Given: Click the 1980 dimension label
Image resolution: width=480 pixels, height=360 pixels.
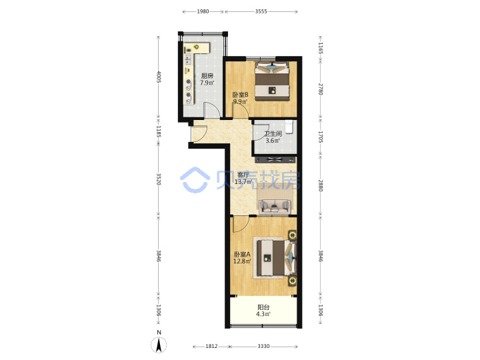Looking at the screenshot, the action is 203,11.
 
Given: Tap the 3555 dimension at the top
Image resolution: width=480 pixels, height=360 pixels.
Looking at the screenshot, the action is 261,11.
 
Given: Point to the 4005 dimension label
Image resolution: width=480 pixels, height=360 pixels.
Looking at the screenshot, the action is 159,77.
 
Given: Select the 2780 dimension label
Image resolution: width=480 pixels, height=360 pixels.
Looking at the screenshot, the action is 320,89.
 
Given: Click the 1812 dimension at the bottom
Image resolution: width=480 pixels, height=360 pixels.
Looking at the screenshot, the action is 211,346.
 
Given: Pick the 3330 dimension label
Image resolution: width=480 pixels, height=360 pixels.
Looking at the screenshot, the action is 263,346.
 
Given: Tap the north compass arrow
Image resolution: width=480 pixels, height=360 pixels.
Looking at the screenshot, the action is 159,345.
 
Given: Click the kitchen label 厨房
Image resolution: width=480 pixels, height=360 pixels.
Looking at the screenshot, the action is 207,76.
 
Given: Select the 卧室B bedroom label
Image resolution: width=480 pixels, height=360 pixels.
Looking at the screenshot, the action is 241,95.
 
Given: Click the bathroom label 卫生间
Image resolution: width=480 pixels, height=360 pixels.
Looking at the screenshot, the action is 273,134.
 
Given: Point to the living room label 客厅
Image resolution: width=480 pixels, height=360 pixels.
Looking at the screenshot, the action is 243,175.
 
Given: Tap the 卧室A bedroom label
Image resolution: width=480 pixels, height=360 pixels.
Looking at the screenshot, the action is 242,255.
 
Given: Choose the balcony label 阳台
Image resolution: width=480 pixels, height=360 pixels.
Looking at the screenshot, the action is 263,307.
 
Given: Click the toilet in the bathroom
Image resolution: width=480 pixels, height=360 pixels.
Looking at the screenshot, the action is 289,127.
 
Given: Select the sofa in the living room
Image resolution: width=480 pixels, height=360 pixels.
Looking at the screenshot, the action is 275,206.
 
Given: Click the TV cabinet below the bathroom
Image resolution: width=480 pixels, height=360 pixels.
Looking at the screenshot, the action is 275,159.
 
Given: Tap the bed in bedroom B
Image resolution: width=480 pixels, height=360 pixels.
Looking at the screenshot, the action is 272,81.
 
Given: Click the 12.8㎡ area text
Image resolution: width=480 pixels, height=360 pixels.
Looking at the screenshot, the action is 242,261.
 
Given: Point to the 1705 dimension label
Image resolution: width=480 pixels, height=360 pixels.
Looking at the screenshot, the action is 320,137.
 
